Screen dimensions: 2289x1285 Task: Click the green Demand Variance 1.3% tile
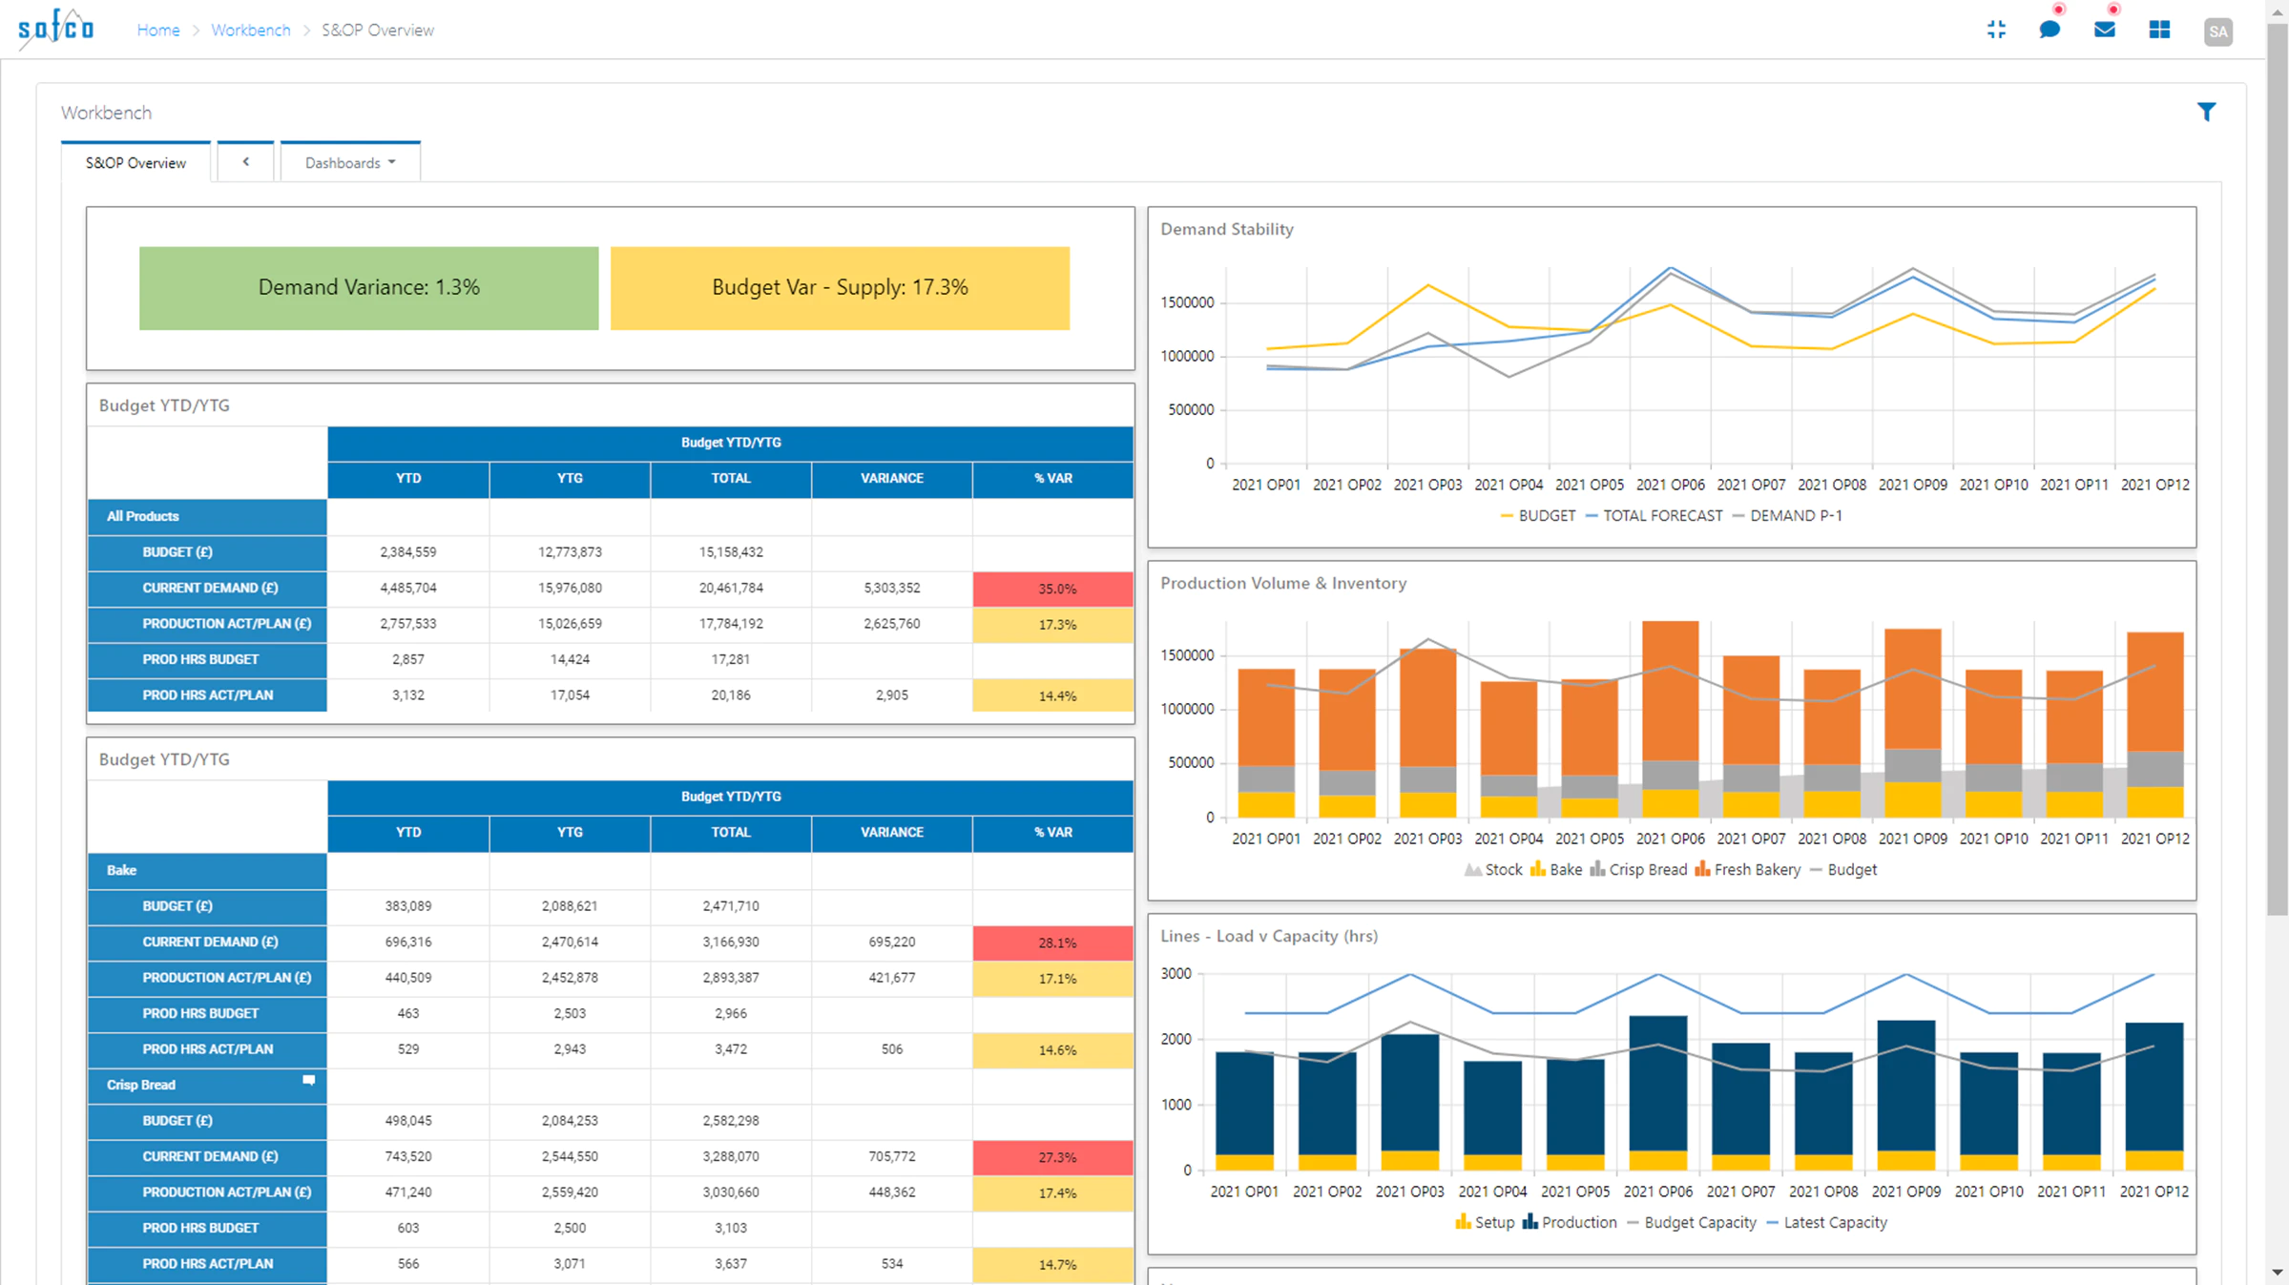(368, 288)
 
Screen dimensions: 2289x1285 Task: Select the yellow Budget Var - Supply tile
(840, 288)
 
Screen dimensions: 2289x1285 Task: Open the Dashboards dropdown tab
(350, 162)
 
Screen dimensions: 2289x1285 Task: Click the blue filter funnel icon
(2206, 112)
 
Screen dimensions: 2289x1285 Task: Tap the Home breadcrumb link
(158, 31)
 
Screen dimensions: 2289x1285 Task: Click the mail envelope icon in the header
(2104, 30)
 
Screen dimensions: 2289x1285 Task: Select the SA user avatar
(2217, 31)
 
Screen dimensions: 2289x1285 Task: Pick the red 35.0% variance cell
(1053, 589)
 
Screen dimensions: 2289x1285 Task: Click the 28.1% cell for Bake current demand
(1053, 943)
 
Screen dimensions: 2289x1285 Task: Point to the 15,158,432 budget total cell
(731, 552)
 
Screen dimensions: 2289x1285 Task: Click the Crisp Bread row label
(141, 1085)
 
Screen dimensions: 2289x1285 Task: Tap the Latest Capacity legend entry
(1826, 1223)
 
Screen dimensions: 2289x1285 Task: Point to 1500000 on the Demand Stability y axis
(1187, 302)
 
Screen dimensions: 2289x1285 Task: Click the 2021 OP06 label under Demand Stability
(1670, 485)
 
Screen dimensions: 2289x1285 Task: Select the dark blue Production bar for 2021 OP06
(1658, 1084)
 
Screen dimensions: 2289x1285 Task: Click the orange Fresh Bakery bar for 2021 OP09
(1912, 689)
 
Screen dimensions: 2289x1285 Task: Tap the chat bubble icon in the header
(2050, 30)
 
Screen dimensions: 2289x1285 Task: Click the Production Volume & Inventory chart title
(1283, 583)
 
